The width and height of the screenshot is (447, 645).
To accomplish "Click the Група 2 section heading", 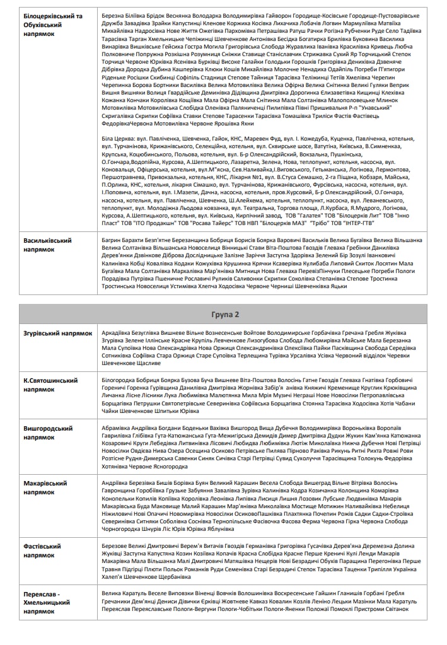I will tap(223, 314).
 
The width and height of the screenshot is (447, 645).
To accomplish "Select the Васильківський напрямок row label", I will tap(47, 245).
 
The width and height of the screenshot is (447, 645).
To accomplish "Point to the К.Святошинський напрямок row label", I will tap(50, 385).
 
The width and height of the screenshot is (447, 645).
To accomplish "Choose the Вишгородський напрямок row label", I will tap(47, 433).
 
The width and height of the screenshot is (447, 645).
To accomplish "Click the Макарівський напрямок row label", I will tap(45, 487).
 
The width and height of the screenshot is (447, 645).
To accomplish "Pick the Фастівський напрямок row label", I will tap(42, 550).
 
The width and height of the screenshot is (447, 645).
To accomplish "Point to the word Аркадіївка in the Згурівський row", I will tap(117, 332).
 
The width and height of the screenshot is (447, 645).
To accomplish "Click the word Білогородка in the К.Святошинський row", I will tap(119, 381).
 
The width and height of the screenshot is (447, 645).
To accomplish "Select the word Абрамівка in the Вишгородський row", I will tap(117, 428).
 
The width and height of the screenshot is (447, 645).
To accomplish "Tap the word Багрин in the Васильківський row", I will tap(112, 240).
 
